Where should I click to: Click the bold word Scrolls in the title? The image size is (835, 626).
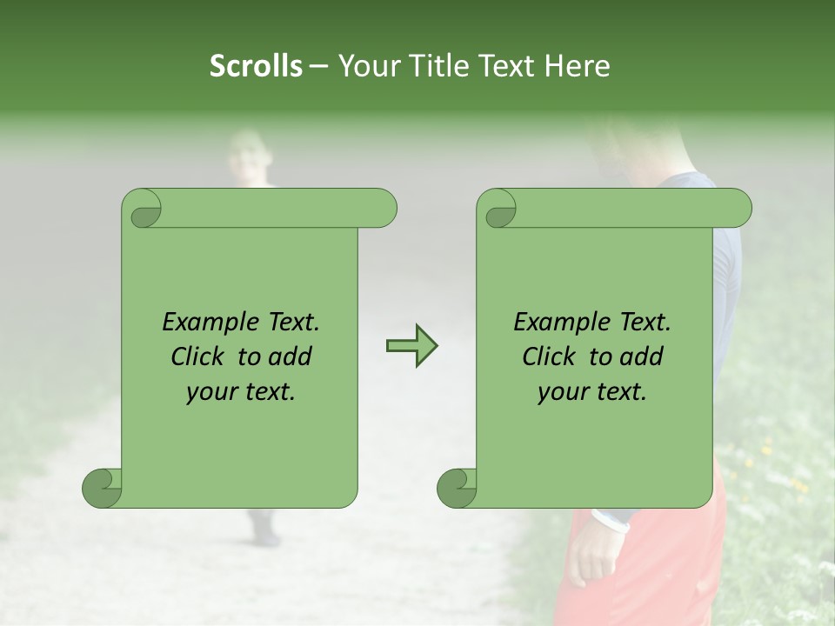256,66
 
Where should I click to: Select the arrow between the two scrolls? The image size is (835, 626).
411,346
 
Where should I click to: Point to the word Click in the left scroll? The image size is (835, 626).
200,356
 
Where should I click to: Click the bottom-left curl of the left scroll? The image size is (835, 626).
103,488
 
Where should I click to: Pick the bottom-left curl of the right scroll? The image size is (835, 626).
458,488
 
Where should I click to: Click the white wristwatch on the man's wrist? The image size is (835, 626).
611,522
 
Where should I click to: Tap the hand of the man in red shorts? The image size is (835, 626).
595,563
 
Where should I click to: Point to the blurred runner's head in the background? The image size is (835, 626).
250,156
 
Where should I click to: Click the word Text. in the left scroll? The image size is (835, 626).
291,323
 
